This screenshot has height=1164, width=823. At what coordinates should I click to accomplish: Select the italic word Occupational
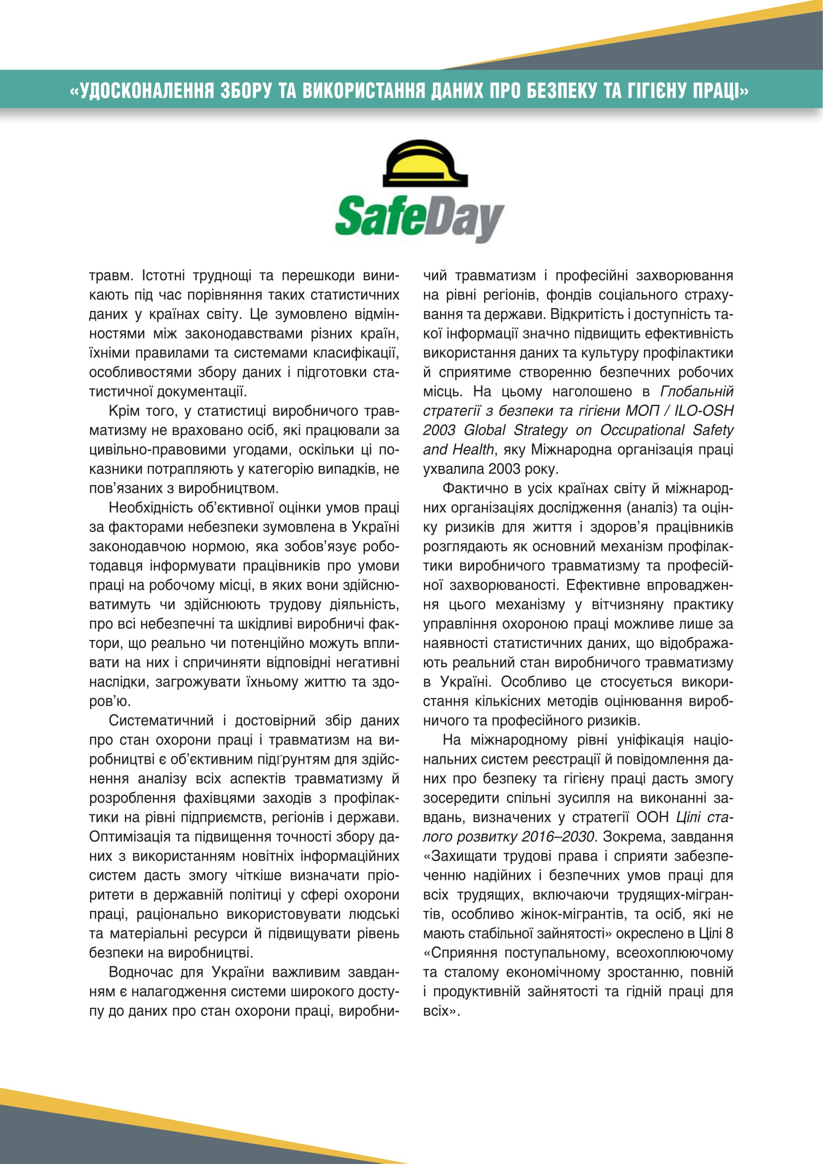[641, 430]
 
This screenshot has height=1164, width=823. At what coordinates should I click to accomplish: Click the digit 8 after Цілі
[729, 933]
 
